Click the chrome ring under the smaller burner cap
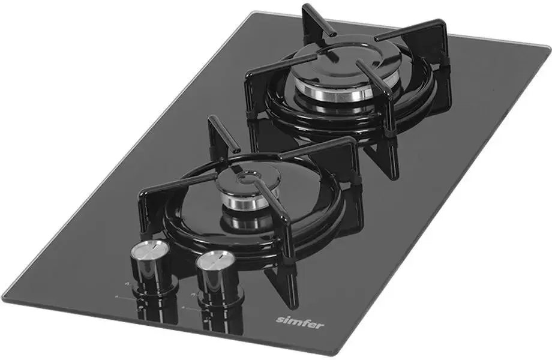coord(249,201)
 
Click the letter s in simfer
coord(279,320)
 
